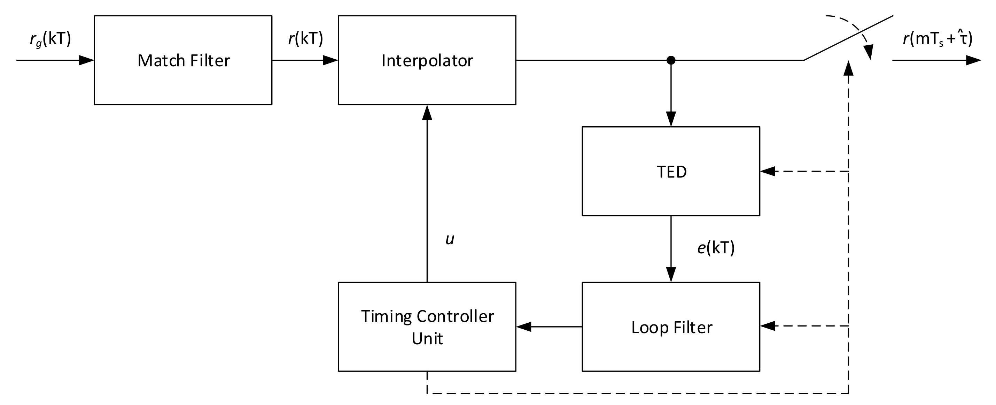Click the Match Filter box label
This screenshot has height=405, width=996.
[x=184, y=60]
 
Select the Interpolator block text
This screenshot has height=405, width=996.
[x=427, y=60]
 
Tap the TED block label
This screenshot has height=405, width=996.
[x=672, y=172]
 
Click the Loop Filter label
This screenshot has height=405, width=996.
[x=672, y=327]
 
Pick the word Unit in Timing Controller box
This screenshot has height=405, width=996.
[x=427, y=338]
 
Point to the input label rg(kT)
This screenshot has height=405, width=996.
[x=50, y=39]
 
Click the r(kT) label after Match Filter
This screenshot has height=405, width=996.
[x=305, y=38]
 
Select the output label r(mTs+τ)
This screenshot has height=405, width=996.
[x=937, y=39]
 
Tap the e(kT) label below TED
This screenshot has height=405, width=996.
[x=716, y=247]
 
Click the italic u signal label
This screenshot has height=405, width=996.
[x=450, y=239]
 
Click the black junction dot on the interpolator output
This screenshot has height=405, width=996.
[x=671, y=60]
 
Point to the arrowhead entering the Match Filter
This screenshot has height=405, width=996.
[x=87, y=60]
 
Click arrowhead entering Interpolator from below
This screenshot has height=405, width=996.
[x=427, y=113]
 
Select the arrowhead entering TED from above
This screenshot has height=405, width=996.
[x=671, y=119]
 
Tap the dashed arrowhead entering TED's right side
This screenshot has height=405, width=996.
[x=768, y=171]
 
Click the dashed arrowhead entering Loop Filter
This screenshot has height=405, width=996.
[x=768, y=326]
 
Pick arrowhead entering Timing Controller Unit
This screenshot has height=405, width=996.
[x=523, y=327]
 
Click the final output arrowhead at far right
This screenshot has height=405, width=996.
[x=974, y=60]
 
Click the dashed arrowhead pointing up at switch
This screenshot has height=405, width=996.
[x=848, y=68]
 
